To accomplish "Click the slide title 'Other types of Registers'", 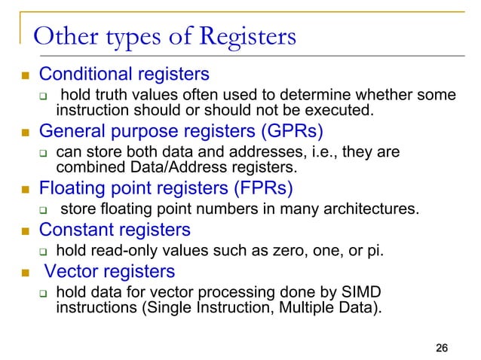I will click(x=165, y=37).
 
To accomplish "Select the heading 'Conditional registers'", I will click(x=124, y=75).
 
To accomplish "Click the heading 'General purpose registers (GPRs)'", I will click(x=181, y=132).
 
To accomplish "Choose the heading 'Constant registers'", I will click(x=115, y=228).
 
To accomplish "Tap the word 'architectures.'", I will click(x=373, y=208).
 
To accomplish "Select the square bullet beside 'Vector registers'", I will click(x=24, y=272).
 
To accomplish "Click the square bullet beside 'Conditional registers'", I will click(x=24, y=76).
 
